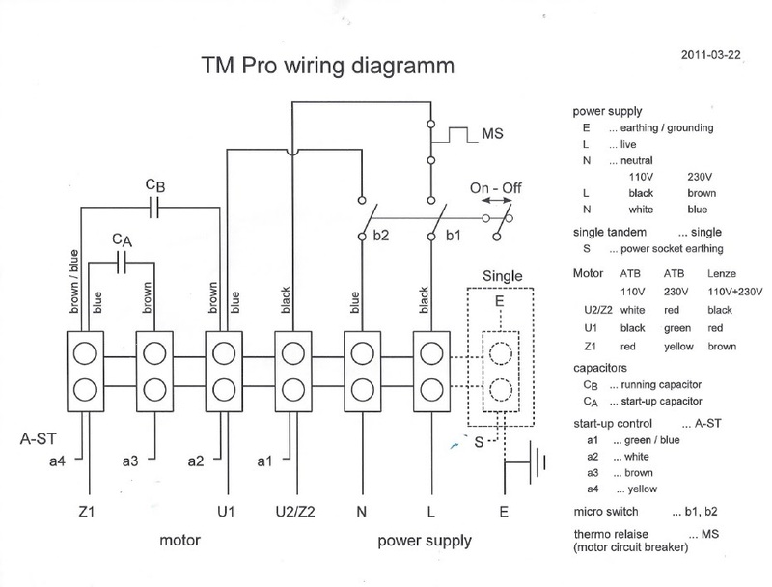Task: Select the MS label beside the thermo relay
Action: point(492,133)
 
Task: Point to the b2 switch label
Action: point(382,235)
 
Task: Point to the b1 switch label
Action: point(452,235)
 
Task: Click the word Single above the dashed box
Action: point(499,276)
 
